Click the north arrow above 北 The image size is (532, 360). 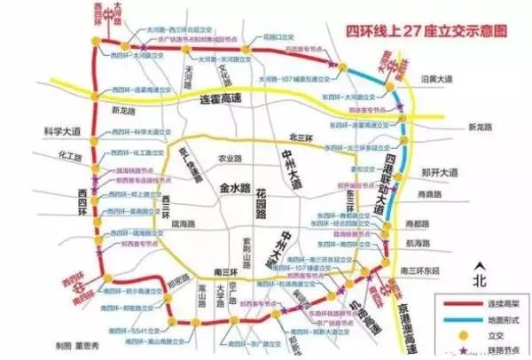480,269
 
